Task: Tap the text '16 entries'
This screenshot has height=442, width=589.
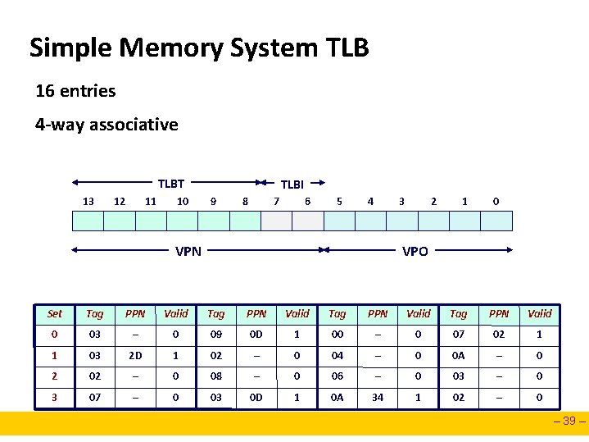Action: (x=75, y=91)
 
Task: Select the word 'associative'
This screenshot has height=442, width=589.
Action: (x=134, y=125)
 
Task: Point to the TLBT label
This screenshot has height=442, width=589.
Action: (x=170, y=184)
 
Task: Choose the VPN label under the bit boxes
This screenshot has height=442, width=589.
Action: (x=188, y=251)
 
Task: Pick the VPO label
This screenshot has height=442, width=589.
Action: (x=415, y=251)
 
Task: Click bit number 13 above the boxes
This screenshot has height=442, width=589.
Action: (x=88, y=201)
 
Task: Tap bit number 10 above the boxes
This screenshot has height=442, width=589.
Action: (x=183, y=201)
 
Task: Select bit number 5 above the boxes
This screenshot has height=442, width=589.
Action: (x=340, y=201)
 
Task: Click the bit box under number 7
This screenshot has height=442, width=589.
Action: (x=277, y=221)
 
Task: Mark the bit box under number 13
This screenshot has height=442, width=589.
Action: (x=88, y=221)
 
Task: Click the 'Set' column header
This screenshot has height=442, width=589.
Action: (x=55, y=313)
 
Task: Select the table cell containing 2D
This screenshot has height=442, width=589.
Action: (x=135, y=356)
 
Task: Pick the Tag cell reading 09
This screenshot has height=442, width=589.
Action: (x=216, y=335)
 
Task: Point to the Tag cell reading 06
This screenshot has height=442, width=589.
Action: (x=338, y=377)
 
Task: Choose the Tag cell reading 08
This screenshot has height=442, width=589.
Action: (x=216, y=377)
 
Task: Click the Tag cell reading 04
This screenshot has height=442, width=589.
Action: (x=338, y=356)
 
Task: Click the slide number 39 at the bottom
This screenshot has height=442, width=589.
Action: (x=569, y=422)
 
